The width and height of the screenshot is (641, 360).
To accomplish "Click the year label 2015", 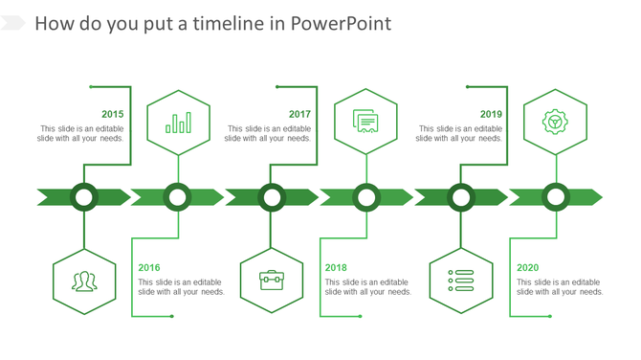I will pyautogui.click(x=112, y=114).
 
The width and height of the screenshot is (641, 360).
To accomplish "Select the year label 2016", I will pyautogui.click(x=149, y=268).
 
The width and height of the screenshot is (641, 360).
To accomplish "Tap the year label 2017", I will pyautogui.click(x=300, y=114).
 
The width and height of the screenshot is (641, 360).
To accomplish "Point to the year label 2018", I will pyautogui.click(x=336, y=268).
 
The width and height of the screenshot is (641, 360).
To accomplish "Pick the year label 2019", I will pyautogui.click(x=492, y=114).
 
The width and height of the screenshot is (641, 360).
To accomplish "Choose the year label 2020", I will pyautogui.click(x=528, y=268).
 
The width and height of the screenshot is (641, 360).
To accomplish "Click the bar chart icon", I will pyautogui.click(x=178, y=123).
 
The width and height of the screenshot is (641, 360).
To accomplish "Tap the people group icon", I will pyautogui.click(x=84, y=281).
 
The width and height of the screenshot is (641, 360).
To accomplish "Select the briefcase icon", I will pyautogui.click(x=272, y=280).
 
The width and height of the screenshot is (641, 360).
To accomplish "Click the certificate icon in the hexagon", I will pyautogui.click(x=365, y=122).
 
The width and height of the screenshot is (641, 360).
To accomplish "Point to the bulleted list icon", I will pyautogui.click(x=461, y=280).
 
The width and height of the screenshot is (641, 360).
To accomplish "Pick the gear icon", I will pyautogui.click(x=555, y=122).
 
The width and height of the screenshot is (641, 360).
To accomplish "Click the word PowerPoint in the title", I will pyautogui.click(x=342, y=24).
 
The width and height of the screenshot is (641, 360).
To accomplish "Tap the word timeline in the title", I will pyautogui.click(x=227, y=24).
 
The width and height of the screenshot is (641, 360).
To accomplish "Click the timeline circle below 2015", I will pyautogui.click(x=84, y=197).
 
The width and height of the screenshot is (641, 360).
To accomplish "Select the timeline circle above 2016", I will pyautogui.click(x=178, y=197).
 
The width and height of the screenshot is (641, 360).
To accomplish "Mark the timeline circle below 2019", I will pyautogui.click(x=461, y=197).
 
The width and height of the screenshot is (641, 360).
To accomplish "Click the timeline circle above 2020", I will pyautogui.click(x=555, y=197).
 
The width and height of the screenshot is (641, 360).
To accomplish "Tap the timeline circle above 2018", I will pyautogui.click(x=366, y=197).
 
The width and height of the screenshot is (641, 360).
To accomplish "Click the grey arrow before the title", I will pyautogui.click(x=13, y=23).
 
